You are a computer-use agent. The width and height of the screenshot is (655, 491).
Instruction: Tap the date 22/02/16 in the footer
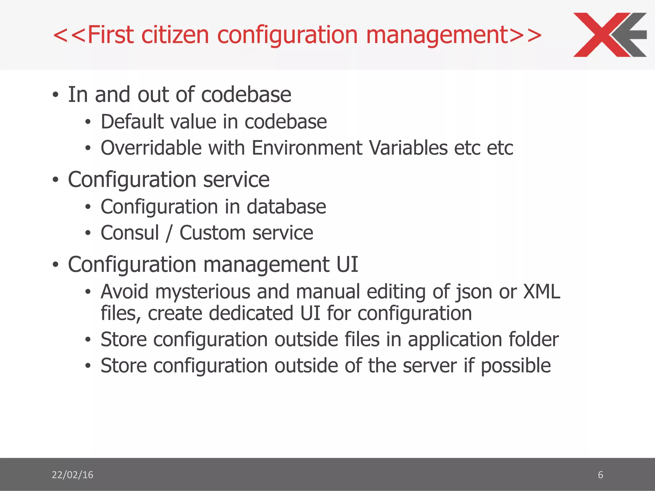[72, 475]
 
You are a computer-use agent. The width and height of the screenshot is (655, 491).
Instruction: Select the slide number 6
[600, 475]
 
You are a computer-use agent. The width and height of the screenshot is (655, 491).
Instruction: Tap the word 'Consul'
[130, 233]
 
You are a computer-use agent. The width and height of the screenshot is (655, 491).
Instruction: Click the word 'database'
[286, 207]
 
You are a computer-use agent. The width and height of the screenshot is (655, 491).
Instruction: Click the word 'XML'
[541, 292]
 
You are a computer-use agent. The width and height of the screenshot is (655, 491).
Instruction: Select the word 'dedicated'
[251, 313]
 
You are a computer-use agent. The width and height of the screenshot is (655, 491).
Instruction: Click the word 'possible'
[516, 366]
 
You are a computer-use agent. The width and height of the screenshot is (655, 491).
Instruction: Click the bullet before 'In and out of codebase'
[56, 95]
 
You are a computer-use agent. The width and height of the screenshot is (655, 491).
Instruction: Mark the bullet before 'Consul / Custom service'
[88, 233]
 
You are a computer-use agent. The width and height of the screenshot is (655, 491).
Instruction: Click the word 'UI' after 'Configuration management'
[347, 265]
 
